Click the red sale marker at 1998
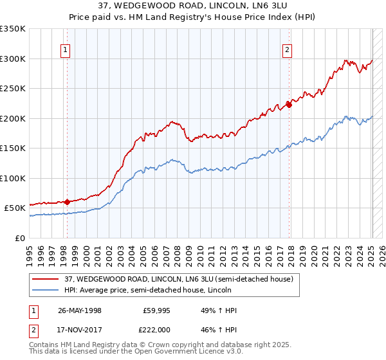tap(67, 202)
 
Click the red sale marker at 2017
tap(289, 105)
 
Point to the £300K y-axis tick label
tap(12, 59)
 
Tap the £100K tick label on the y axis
tap(12, 178)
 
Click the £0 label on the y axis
tap(20, 238)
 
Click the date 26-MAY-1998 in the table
tap(80, 310)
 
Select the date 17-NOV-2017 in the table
tap(80, 328)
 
